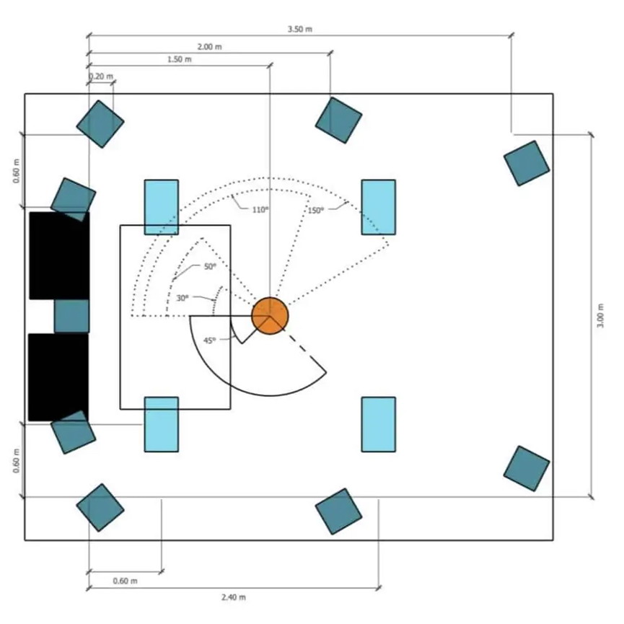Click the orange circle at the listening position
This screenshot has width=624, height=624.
270,315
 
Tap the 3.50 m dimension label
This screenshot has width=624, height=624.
300,29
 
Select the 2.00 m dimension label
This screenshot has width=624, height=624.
210,47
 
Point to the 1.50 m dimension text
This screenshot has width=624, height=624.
179,59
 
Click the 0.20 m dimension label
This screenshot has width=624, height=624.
101,76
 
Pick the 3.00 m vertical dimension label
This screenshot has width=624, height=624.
600,316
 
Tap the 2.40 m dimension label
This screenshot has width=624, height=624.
234,597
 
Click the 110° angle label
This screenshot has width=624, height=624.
260,210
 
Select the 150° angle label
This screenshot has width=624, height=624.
315,210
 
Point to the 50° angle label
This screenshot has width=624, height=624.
210,266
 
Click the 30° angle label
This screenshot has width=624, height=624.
183,298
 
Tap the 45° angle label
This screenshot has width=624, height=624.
210,340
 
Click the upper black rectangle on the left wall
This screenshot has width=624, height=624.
59,255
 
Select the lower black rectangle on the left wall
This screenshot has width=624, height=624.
58,377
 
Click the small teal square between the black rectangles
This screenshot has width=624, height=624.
71,316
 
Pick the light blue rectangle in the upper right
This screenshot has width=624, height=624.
379,207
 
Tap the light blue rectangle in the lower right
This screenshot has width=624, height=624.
379,424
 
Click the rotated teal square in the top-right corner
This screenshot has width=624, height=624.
527,163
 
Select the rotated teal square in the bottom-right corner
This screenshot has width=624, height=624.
527,468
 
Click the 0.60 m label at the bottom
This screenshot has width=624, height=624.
125,581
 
